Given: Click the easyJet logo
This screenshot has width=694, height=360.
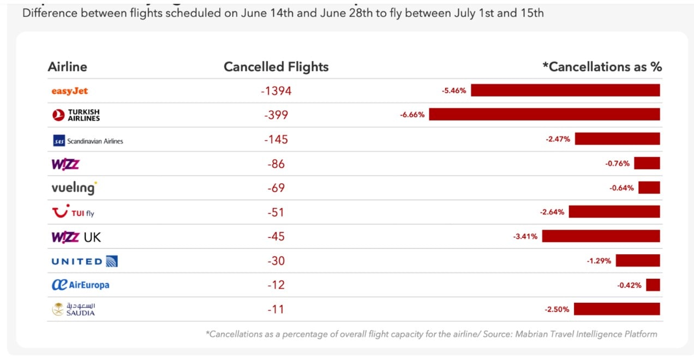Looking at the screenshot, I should click(69, 91).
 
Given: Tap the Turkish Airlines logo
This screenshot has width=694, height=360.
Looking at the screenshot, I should click(76, 115).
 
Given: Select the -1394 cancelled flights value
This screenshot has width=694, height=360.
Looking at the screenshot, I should click(276, 91).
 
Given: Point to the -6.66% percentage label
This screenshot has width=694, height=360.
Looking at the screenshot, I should click(412, 115).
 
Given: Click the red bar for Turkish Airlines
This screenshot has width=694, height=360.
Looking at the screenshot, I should click(544, 115).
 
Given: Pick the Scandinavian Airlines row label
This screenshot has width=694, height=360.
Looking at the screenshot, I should click(87, 141).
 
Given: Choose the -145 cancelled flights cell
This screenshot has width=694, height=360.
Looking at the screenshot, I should click(276, 140).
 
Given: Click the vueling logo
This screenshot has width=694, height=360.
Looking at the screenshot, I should click(74, 188).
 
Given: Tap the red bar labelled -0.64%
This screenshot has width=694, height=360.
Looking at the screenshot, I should click(649, 188).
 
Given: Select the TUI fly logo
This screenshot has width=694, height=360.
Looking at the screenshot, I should click(73, 212).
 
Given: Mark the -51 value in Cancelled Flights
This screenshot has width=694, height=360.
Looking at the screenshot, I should click(276, 212).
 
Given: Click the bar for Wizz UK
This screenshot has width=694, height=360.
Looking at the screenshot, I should click(601, 236).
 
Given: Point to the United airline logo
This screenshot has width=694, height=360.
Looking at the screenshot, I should click(85, 261).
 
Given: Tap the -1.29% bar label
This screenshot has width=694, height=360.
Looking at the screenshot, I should click(599, 261).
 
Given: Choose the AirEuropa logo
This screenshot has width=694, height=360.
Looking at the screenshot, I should click(80, 285).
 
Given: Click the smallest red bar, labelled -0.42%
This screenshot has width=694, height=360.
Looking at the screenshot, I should click(653, 285).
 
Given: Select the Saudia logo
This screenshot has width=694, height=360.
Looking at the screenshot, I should click(74, 309).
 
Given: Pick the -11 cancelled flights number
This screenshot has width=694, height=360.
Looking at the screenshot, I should click(276, 309).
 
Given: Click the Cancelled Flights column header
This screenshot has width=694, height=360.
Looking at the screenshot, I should click(276, 67).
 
